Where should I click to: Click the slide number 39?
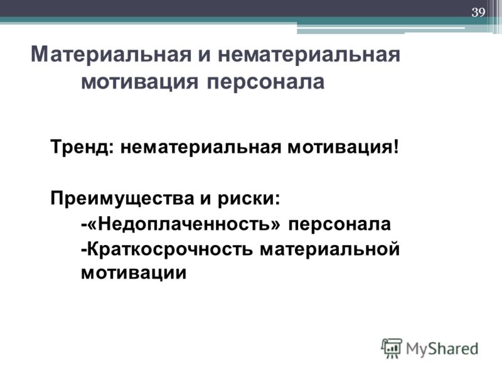point(478,12)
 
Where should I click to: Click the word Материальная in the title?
point(111,54)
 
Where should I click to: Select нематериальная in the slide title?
point(309,54)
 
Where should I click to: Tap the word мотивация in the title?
point(139,82)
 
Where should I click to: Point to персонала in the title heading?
point(265,82)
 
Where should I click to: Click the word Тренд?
point(82,148)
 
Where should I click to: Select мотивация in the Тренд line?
point(340,148)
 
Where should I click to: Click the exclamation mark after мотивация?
point(397,147)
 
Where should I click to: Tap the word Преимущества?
point(122,199)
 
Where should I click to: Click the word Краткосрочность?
point(170,249)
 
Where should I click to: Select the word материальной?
point(330,249)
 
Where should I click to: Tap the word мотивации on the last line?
point(134,273)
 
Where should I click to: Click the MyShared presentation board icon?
point(392,348)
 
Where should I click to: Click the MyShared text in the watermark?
point(442,349)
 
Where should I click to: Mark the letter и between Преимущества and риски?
point(206,199)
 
